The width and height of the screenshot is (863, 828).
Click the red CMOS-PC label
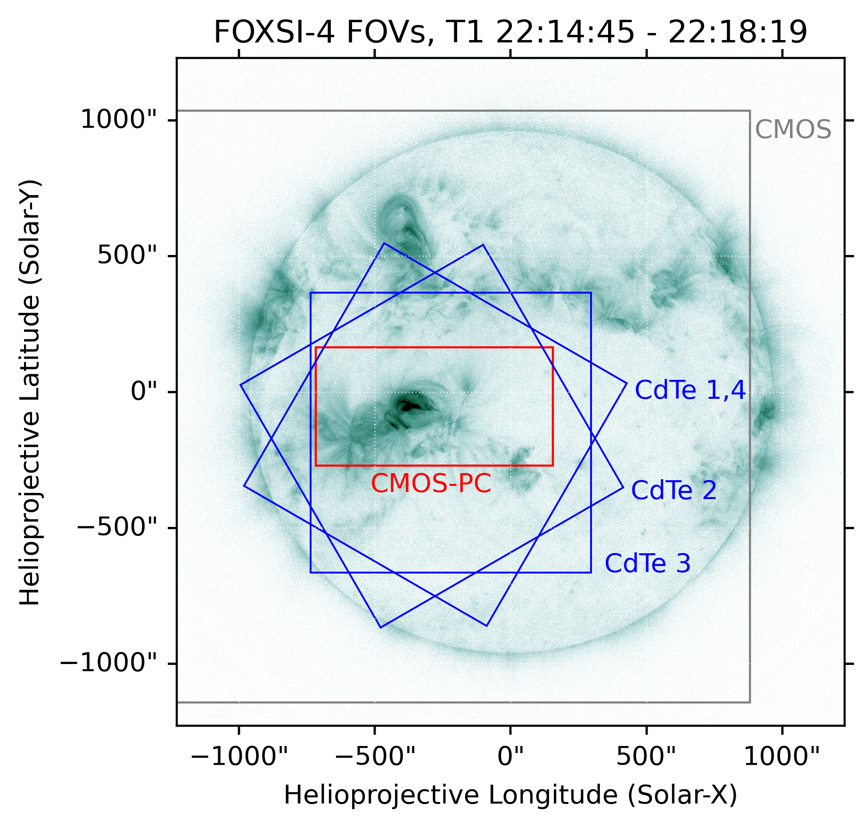click(x=431, y=484)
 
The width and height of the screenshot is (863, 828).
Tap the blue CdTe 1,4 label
click(x=690, y=391)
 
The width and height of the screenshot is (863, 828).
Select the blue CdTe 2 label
click(x=674, y=491)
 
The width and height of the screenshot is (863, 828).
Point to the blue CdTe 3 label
click(x=648, y=564)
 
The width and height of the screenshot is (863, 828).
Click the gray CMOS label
click(x=793, y=130)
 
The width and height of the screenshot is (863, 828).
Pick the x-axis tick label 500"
click(x=646, y=757)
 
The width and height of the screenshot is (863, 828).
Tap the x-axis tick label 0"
click(x=510, y=757)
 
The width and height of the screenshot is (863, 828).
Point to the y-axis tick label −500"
click(x=115, y=527)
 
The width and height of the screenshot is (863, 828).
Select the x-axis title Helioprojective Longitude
click(x=450, y=795)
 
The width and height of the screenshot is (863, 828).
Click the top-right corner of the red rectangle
click(x=552, y=348)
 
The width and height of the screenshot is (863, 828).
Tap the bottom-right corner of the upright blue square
click(x=591, y=573)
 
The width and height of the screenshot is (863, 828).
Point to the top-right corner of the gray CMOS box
click(x=749, y=111)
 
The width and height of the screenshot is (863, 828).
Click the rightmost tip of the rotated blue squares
click(x=627, y=383)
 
